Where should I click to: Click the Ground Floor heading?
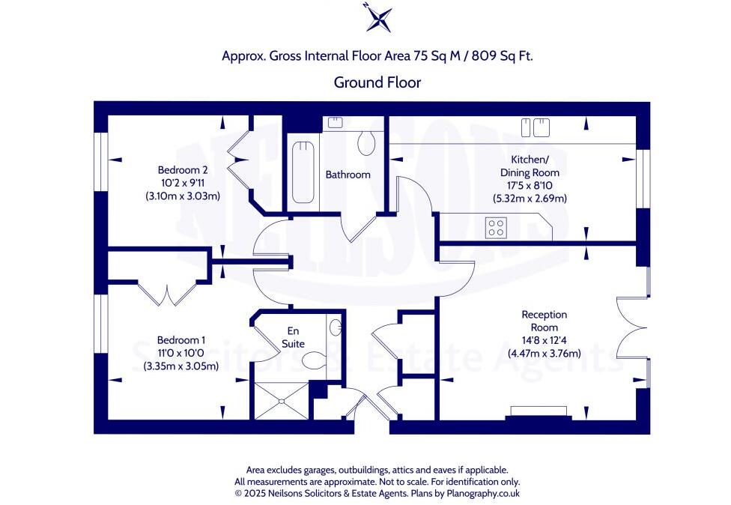point(377,82)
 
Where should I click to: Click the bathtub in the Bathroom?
point(303,172)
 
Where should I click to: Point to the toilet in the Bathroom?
point(366,140)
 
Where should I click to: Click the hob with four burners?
point(495,227)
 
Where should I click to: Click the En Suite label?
point(293,338)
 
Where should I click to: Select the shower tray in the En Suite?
point(282,400)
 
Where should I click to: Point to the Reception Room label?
point(545,321)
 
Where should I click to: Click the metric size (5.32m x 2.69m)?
point(529,199)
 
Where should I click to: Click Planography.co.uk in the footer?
point(483,493)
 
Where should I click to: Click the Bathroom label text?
point(348,175)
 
